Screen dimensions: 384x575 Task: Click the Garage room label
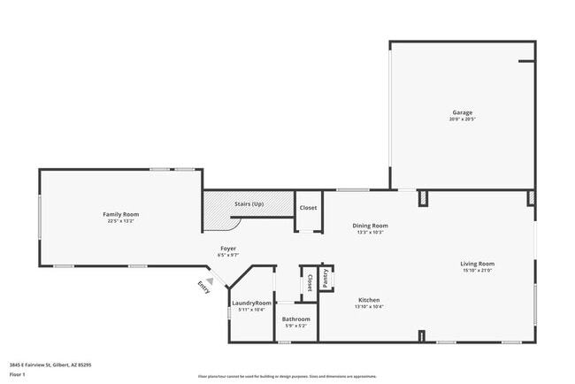[x=463, y=112]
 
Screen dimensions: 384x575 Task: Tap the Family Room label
[x=121, y=214]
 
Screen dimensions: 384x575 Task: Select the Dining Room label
[x=372, y=226]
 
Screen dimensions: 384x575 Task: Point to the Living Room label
[x=477, y=264]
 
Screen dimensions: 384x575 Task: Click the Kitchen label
[x=369, y=299]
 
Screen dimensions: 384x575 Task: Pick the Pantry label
[x=326, y=277]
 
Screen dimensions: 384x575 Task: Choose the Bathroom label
[x=295, y=319]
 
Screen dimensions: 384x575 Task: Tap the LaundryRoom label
[x=251, y=303]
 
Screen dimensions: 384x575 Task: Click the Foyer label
[x=227, y=249]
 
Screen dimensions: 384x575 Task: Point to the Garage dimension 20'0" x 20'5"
[x=463, y=119]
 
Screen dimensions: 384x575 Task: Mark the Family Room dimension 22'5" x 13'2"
[x=121, y=221]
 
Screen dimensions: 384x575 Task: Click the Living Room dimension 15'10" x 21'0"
[x=477, y=271]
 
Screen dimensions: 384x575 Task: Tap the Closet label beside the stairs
[x=308, y=208]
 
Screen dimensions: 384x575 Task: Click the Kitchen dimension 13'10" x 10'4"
[x=369, y=306]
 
